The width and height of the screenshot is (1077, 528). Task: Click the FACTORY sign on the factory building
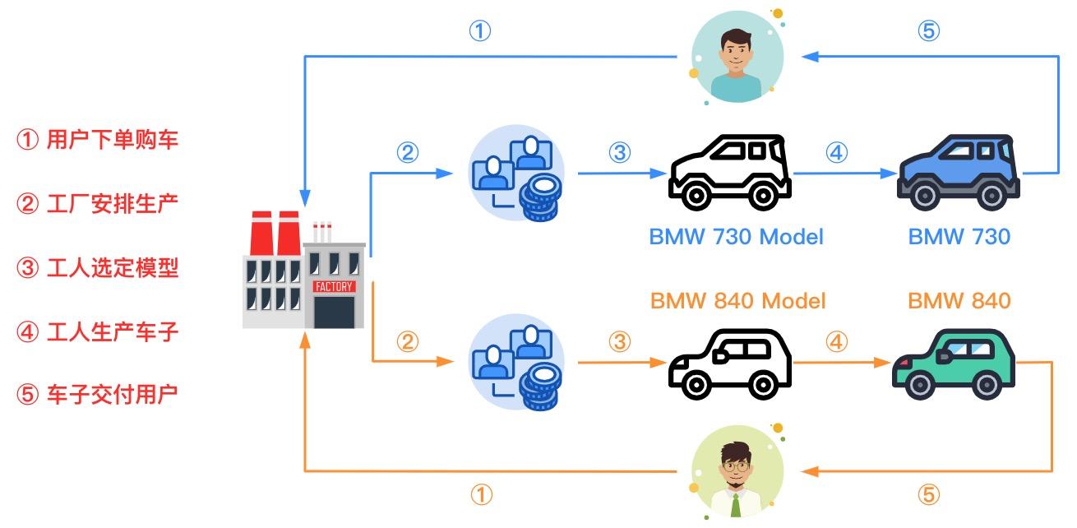coord(334,286)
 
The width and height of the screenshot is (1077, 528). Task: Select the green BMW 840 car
coord(954,366)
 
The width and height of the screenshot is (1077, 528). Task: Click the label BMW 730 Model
coord(736,237)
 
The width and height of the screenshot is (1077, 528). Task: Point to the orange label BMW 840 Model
coord(737,300)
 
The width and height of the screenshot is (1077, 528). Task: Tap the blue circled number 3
coord(619,153)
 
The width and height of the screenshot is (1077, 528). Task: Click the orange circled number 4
coord(836,341)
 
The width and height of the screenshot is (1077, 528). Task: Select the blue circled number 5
coord(927,32)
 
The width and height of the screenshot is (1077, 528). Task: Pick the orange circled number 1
coord(482,495)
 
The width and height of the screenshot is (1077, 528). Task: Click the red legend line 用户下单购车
coord(98,140)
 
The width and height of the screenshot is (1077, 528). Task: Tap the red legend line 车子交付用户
coord(98,395)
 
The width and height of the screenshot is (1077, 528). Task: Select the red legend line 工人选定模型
coord(98,267)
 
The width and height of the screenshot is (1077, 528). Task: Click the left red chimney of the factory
coord(261,234)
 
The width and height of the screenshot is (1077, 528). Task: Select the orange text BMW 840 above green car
coord(959,300)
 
